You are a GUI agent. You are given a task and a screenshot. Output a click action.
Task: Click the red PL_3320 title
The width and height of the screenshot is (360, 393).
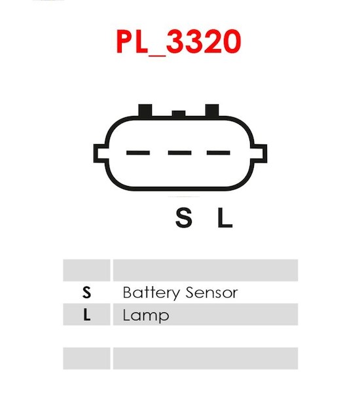point(179,42)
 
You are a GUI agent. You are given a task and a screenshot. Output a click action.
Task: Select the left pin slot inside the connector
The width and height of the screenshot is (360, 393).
point(138,153)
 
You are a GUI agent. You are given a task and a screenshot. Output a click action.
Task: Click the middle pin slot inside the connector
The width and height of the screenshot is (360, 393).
point(179,153)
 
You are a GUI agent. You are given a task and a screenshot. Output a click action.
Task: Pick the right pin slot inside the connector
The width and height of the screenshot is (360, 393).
point(219,153)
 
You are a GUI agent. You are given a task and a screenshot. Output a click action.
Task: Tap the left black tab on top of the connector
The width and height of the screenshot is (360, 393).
point(145,111)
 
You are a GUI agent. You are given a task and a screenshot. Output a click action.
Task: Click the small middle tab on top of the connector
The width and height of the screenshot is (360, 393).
point(179,113)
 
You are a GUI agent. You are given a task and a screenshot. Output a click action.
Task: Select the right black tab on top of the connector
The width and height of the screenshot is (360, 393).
point(212,111)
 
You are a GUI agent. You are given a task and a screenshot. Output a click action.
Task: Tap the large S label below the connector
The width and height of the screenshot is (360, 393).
point(184,218)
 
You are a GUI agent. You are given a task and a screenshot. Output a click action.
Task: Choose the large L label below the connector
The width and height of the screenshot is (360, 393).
point(225,218)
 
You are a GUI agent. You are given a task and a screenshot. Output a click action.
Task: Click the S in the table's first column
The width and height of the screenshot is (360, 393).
point(86,292)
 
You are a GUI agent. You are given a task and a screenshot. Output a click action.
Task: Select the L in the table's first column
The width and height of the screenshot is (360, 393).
point(86,315)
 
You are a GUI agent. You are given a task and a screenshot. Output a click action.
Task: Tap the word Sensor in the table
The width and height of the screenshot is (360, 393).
point(212,293)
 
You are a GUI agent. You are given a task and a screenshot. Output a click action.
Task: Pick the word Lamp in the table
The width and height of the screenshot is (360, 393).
point(146,316)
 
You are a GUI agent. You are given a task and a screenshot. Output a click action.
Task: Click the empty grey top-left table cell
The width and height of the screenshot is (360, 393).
point(86,270)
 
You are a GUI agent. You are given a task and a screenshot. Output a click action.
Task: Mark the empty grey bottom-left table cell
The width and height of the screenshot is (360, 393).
point(86,358)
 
